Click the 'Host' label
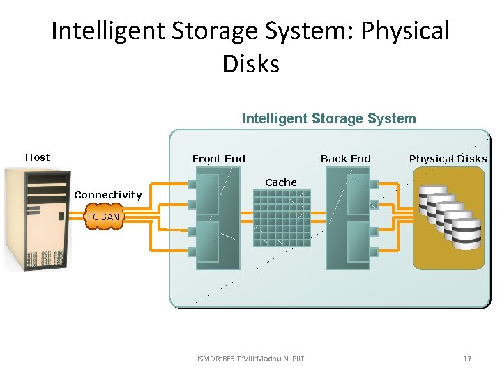pyautogui.click(x=38, y=157)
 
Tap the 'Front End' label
pyautogui.click(x=218, y=159)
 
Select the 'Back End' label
pyautogui.click(x=345, y=159)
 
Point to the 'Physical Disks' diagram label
pyautogui.click(x=448, y=159)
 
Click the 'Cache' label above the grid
pyautogui.click(x=281, y=182)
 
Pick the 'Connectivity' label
pyautogui.click(x=107, y=195)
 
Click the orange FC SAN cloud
pyautogui.click(x=102, y=217)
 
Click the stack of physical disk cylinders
pyautogui.click(x=450, y=217)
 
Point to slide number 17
pyautogui.click(x=467, y=359)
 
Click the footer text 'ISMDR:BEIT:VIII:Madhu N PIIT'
pyautogui.click(x=251, y=359)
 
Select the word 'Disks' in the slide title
pyautogui.click(x=251, y=63)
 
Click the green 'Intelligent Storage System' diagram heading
pyautogui.click(x=328, y=118)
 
